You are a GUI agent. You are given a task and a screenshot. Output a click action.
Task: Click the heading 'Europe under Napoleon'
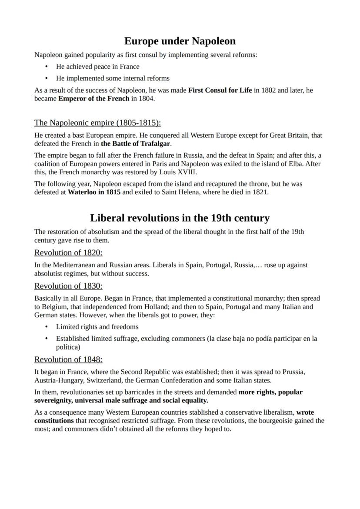click(x=180, y=41)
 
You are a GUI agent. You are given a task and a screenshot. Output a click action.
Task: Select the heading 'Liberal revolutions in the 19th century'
click(x=180, y=218)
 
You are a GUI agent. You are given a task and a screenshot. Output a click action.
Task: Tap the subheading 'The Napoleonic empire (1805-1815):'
click(x=97, y=123)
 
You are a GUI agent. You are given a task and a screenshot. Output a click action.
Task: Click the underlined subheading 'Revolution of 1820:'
click(x=68, y=253)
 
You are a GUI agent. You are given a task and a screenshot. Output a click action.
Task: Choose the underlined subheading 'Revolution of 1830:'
click(x=68, y=286)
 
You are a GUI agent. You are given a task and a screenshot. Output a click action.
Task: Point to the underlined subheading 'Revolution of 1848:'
click(x=68, y=359)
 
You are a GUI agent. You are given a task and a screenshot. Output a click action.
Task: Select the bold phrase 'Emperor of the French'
click(x=94, y=98)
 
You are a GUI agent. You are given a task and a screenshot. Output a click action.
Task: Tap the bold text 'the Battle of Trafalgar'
click(x=135, y=143)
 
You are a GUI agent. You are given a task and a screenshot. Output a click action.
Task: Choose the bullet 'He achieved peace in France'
click(x=98, y=67)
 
